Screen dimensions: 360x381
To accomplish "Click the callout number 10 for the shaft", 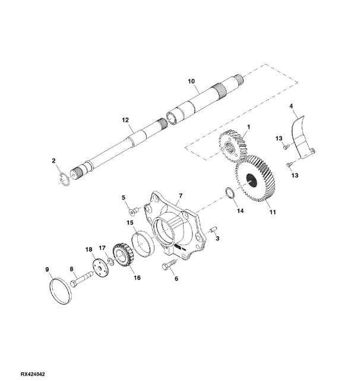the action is click(191, 81).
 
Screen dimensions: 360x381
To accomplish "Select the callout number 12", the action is click(125, 120).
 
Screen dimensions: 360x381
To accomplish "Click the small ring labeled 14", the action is click(230, 193).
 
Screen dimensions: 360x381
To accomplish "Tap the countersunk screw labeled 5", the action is click(134, 211).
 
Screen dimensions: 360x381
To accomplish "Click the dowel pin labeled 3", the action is click(213, 230).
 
